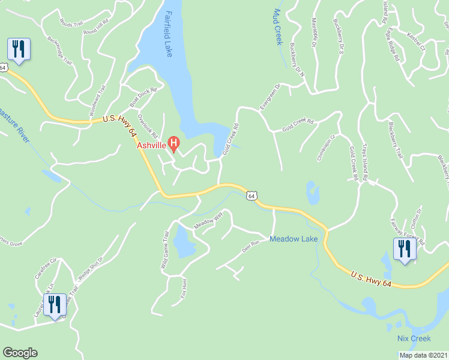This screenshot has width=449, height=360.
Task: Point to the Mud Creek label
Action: coord(277,28)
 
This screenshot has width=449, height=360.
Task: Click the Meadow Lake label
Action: coord(294,239)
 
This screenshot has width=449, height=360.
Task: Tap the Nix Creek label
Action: coord(414,339)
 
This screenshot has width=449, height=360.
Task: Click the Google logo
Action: coord(20,353)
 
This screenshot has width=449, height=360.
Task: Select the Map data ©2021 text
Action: coord(423,355)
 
